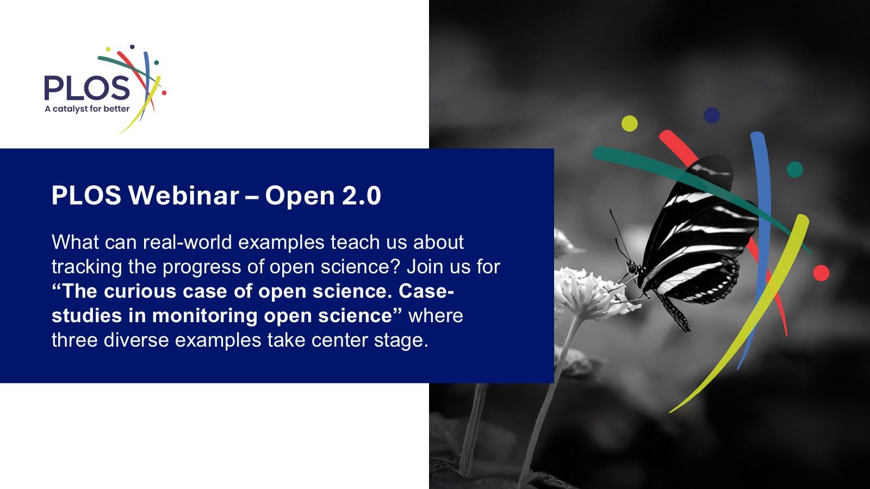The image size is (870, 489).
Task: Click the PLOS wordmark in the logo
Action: point(87,87)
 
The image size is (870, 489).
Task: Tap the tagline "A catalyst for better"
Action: point(87,109)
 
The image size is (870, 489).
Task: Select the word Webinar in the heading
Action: point(184,195)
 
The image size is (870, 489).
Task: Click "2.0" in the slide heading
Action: point(361,195)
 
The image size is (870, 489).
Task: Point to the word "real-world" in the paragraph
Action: point(187,242)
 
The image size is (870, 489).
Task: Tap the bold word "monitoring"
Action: point(204,316)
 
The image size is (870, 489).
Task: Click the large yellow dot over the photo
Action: point(630,123)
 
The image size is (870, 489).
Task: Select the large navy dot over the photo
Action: point(712,115)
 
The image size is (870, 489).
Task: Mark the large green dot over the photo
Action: point(794,170)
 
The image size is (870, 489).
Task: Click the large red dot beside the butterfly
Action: point(821,273)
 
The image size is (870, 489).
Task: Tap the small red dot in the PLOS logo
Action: point(164,93)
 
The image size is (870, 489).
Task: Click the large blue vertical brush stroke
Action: point(762,248)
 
